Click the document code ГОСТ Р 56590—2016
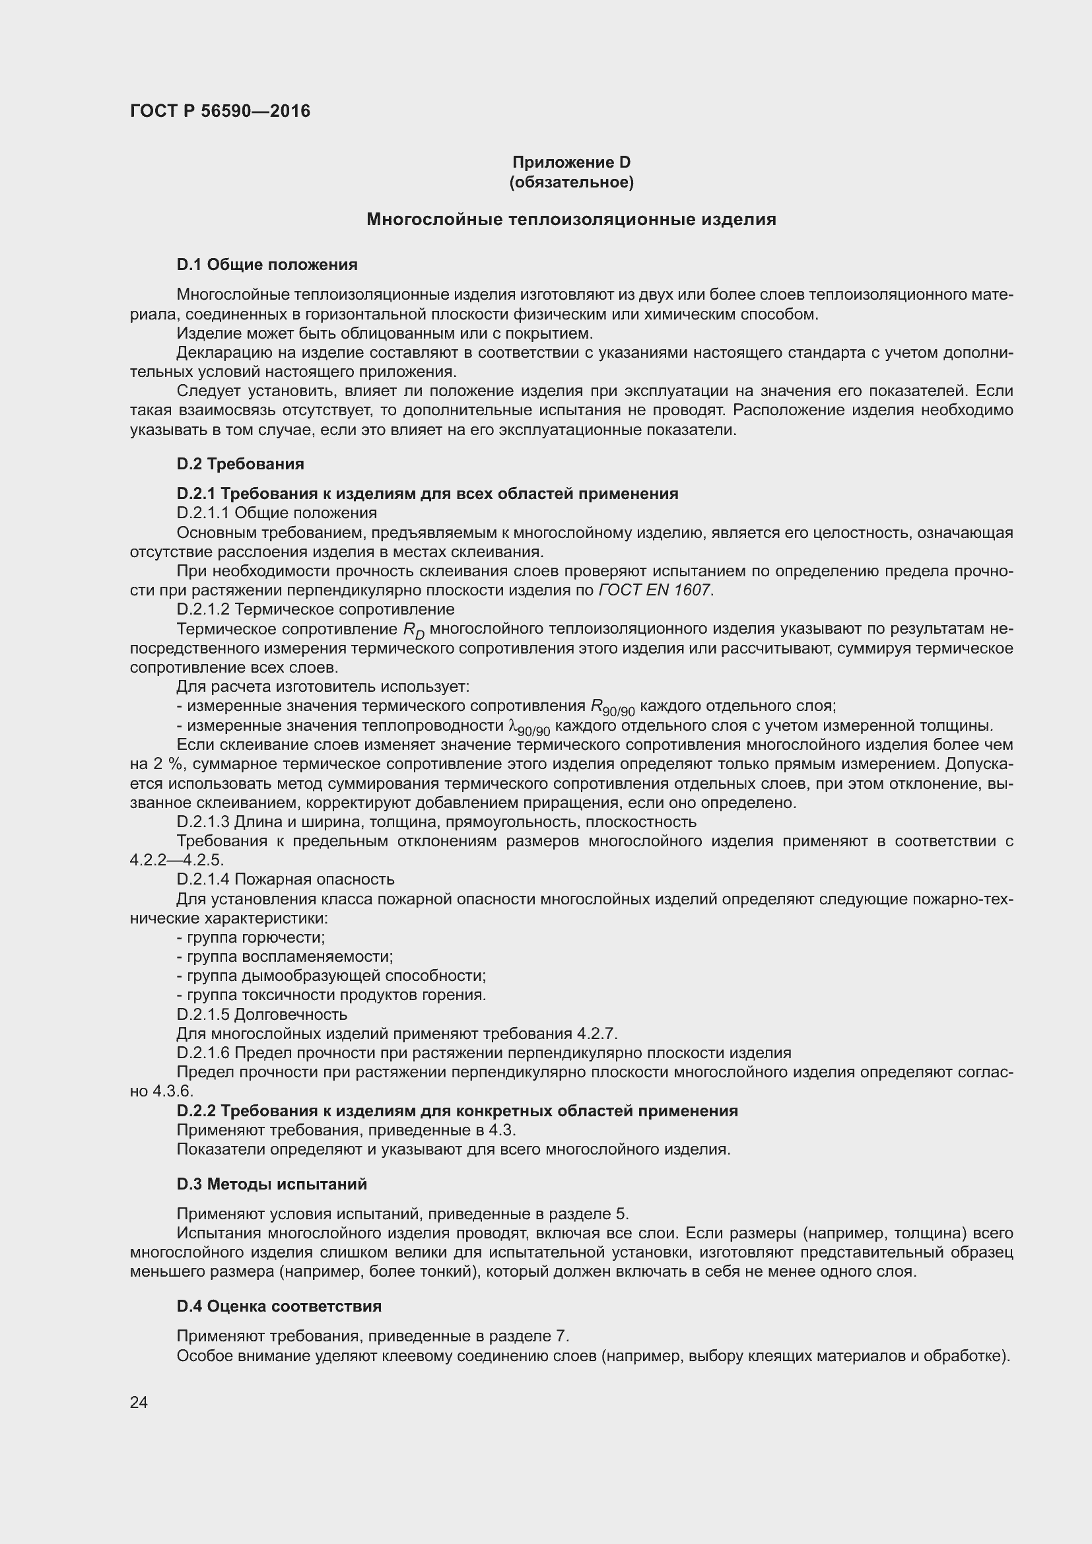click(220, 111)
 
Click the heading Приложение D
click(571, 162)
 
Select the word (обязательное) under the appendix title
click(571, 182)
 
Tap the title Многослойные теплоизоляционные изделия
click(571, 219)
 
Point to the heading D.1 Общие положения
click(267, 265)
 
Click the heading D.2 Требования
click(240, 464)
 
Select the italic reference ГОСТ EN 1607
click(654, 590)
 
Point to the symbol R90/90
click(612, 708)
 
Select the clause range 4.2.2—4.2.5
click(176, 860)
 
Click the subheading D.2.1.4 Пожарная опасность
click(285, 879)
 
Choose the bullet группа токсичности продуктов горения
click(331, 995)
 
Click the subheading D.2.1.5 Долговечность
click(261, 1014)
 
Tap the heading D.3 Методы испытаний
click(271, 1184)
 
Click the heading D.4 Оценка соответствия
click(279, 1306)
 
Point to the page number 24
click(139, 1403)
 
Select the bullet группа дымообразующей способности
click(331, 976)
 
